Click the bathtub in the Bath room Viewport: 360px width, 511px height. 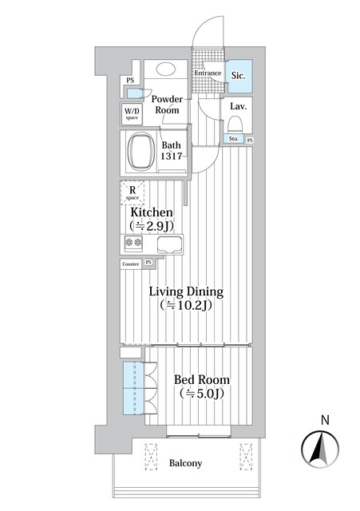141,151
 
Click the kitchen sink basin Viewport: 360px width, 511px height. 169,245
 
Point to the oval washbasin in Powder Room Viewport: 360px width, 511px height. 166,69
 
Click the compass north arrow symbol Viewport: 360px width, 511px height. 320,449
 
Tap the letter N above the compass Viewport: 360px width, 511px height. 325,420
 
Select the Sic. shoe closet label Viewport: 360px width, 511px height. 238,76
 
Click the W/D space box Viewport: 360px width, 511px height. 132,113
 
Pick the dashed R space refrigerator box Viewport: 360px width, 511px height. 133,192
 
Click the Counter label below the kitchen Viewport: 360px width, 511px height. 131,264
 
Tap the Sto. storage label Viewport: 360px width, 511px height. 234,139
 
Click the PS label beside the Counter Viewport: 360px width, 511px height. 148,263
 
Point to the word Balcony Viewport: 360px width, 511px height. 185,463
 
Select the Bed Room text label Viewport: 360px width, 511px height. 202,380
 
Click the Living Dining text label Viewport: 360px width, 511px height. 186,291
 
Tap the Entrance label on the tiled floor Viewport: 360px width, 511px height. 208,73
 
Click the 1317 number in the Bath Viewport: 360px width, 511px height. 172,156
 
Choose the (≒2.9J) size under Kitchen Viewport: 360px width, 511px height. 151,226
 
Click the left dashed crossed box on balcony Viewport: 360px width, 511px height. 151,456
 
